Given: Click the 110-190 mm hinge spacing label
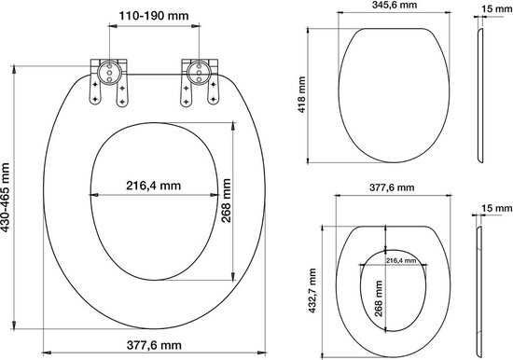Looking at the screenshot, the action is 154,16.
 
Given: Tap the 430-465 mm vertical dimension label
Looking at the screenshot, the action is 5,198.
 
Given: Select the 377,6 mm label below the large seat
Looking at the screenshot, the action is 154,345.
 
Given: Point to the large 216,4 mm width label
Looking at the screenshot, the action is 154,186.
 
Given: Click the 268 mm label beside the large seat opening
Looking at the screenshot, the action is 226,201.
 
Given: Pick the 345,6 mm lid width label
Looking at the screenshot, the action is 395,5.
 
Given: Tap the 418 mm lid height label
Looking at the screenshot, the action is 301,94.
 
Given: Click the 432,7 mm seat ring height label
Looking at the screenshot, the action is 312,291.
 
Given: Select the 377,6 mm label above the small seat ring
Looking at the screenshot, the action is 392,187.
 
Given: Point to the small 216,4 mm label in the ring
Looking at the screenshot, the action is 401,260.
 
